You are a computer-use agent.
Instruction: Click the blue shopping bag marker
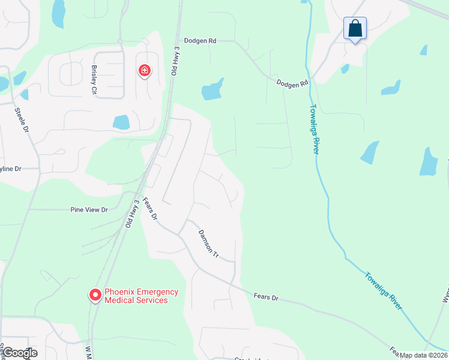pos(355,28)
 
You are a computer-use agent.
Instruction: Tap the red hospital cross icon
pos(144,71)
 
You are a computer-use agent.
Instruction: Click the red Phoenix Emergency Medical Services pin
pos(95,295)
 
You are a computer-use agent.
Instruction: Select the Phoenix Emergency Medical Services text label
pos(141,296)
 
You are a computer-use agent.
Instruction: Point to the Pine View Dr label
pos(89,210)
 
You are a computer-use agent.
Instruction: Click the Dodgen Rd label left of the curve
pos(200,41)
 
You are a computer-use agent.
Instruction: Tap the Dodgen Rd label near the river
pos(292,83)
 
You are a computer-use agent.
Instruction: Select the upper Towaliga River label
pos(313,129)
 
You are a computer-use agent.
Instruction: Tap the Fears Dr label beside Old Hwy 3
pos(149,209)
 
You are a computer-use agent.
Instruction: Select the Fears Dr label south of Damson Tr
pos(267,296)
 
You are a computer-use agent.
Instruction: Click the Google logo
pos(19,352)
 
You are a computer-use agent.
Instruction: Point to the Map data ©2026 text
pos(423,355)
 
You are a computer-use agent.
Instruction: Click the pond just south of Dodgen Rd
pos(212,89)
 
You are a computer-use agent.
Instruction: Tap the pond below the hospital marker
pos(121,122)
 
